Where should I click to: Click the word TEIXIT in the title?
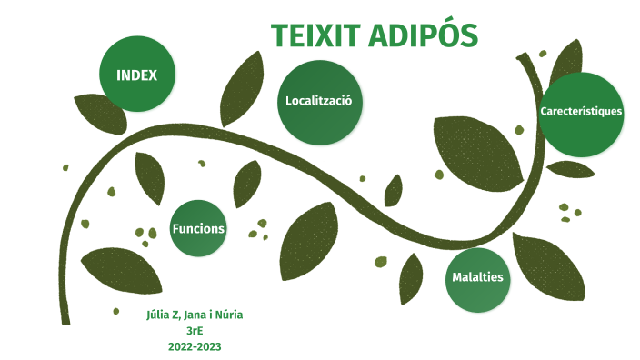pos(314,35)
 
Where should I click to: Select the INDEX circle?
pos(137,75)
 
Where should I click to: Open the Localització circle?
pos(319,102)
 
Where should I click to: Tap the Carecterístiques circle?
pos(581,113)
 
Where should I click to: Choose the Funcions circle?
pos(198,228)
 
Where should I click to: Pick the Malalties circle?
pos(477,278)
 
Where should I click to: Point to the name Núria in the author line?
pos(227,315)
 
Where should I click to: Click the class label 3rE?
pos(194,330)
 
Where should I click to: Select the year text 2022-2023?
pos(195,346)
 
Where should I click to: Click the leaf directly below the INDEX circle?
pos(100,114)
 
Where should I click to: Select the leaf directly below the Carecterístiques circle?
pos(571,169)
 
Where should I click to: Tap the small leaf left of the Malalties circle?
pos(411,277)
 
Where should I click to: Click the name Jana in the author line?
pos(196,315)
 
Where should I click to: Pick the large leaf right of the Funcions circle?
pos(309,243)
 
